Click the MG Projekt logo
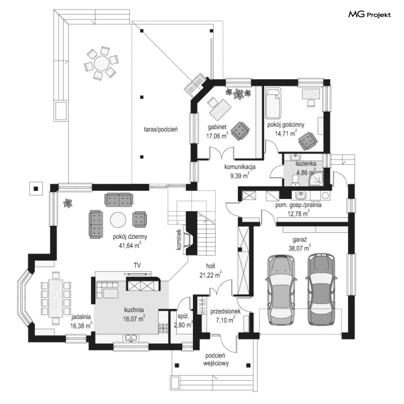coord(369,15)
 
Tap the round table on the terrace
coord(101,63)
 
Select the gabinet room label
coord(217,127)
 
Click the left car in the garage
coord(281,289)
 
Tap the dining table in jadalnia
coord(56,298)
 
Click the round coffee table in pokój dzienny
coord(118,220)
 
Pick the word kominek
coord(178,240)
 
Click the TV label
coord(137,265)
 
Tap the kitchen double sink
coord(132,337)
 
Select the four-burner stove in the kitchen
coord(163,329)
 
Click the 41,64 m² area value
coord(130,245)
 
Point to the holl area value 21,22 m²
coord(210,274)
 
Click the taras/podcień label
coord(161,130)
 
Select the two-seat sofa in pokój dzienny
coord(119,200)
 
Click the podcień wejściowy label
coord(216,360)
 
